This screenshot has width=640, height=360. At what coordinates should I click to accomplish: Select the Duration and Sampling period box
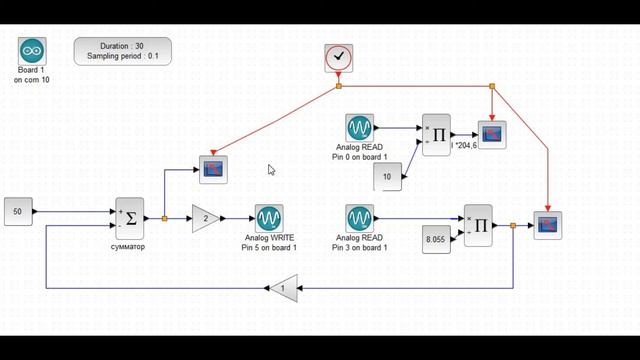pyautogui.click(x=122, y=51)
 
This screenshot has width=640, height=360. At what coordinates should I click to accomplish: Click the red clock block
pyautogui.click(x=339, y=58)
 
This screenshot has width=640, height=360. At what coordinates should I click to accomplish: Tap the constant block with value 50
pyautogui.click(x=19, y=212)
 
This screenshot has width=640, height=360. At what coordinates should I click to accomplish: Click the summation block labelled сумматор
pyautogui.click(x=130, y=217)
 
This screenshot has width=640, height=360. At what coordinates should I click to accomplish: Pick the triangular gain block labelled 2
pyautogui.click(x=206, y=218)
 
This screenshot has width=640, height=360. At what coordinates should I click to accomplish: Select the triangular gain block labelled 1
pyautogui.click(x=283, y=289)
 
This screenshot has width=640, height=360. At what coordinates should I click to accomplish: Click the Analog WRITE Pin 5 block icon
pyautogui.click(x=268, y=218)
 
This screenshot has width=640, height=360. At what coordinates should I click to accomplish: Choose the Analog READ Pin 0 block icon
pyautogui.click(x=360, y=128)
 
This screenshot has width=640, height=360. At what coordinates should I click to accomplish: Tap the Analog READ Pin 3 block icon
pyautogui.click(x=360, y=218)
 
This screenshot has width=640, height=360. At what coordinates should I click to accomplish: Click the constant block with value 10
pyautogui.click(x=388, y=177)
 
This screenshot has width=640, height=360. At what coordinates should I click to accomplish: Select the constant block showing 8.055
pyautogui.click(x=434, y=240)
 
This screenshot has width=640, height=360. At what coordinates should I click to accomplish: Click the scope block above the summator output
pyautogui.click(x=213, y=169)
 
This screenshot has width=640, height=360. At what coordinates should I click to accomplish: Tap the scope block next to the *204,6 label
pyautogui.click(x=492, y=134)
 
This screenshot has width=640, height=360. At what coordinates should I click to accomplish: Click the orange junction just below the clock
pyautogui.click(x=339, y=86)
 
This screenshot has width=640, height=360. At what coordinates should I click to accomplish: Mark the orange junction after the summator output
pyautogui.click(x=164, y=218)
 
